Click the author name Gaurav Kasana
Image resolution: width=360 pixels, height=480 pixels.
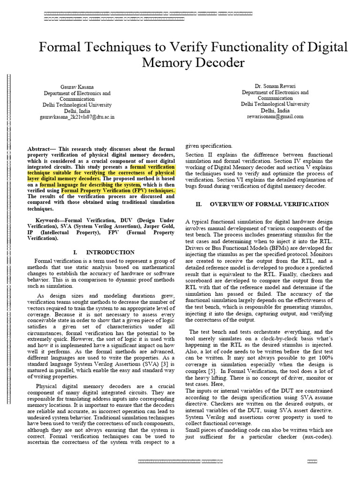pyautogui.click(x=77, y=87)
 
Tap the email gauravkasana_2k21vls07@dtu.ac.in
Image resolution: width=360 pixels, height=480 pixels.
pyautogui.click(x=77, y=117)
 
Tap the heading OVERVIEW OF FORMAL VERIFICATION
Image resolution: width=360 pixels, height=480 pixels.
pyautogui.click(x=269, y=204)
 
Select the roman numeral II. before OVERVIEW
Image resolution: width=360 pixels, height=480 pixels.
pyautogui.click(x=199, y=204)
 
